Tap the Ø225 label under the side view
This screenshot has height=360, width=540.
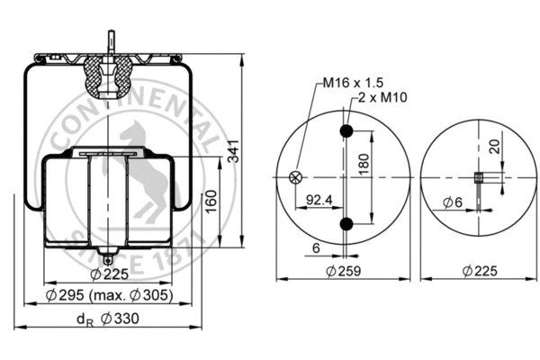110,275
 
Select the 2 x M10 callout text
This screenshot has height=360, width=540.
379,96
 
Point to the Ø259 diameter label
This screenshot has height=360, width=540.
343,270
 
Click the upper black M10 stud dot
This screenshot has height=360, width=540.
345,132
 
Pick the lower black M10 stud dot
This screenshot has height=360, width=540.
345,223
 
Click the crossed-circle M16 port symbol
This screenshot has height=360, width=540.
293,177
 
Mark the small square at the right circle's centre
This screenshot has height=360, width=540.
479,177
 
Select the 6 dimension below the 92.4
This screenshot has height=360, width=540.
316,247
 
